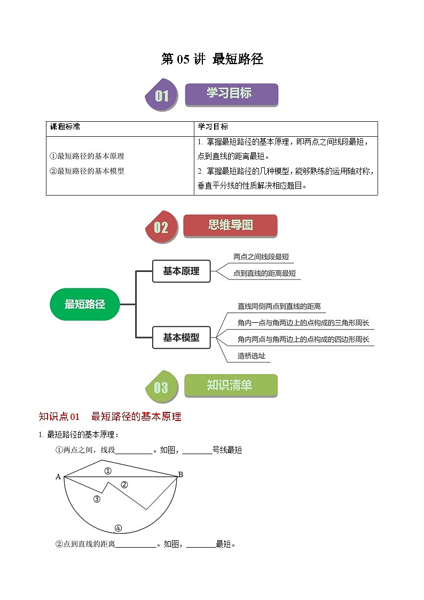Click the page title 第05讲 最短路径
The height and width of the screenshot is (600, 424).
point(212,59)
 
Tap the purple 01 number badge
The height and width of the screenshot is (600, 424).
point(161,96)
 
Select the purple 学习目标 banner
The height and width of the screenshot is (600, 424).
point(231,94)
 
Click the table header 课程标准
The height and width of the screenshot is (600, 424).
point(65,127)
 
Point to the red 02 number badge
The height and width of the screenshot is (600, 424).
point(161,228)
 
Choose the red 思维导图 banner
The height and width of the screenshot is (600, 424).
point(230,225)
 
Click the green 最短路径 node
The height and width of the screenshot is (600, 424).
point(84,305)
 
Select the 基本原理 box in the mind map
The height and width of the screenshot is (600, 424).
point(182,271)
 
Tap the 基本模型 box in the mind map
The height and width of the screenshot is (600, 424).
point(182,338)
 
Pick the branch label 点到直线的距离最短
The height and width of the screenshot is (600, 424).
point(264,274)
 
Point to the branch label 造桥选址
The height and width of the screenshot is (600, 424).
point(252,356)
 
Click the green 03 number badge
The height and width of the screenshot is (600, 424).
point(161,387)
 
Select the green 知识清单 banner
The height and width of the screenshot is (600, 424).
point(230,385)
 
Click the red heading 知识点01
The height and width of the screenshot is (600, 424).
point(59,417)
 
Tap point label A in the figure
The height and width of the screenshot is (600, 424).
point(58,477)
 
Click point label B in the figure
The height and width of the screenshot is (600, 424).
point(180,474)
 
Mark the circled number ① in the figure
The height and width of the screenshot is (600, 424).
point(107,471)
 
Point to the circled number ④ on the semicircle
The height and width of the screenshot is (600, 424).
point(118,528)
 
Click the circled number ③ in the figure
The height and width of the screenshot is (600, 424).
point(97,499)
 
